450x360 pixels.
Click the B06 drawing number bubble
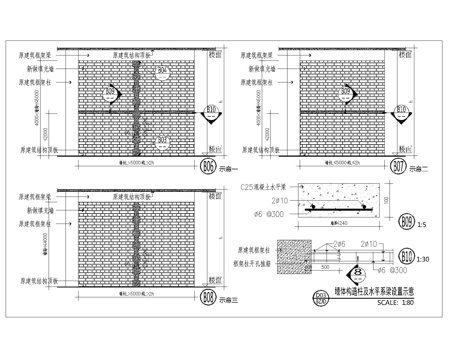(x=209, y=165)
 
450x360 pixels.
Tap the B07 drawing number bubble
(x=402, y=165)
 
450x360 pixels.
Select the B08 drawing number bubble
(x=209, y=296)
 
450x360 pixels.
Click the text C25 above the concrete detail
(x=248, y=188)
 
